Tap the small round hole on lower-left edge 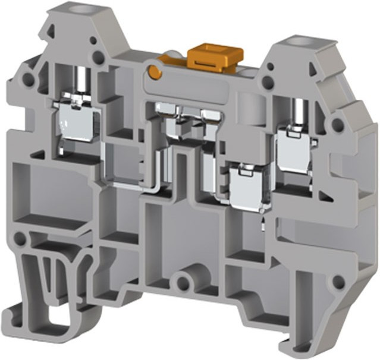[x=20, y=239]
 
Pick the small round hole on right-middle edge [x=337, y=124]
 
